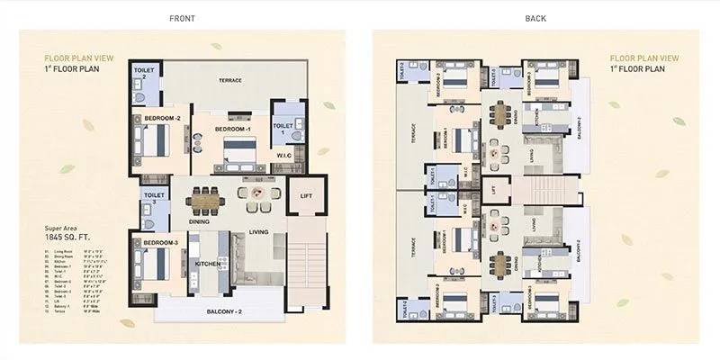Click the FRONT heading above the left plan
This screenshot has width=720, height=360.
coord(183,18)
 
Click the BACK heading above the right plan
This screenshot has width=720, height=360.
coord(537,18)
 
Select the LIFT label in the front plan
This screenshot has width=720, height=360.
coord(306,194)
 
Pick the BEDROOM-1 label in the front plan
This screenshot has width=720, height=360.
coord(232,130)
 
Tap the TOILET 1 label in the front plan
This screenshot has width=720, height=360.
coord(283,130)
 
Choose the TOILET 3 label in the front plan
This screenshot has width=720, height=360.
coord(149,198)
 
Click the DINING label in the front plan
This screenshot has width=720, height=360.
coord(200,220)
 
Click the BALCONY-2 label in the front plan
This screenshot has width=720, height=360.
coord(234,310)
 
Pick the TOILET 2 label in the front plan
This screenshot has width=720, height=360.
coord(144,72)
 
